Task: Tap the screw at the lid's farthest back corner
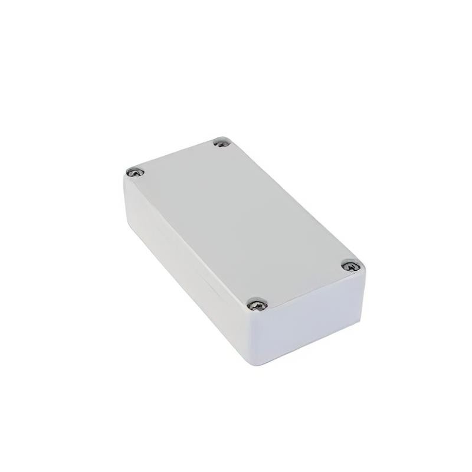click(221, 142)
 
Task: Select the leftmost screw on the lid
click(135, 172)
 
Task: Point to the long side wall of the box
click(183, 265)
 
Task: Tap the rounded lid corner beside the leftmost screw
click(126, 175)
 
